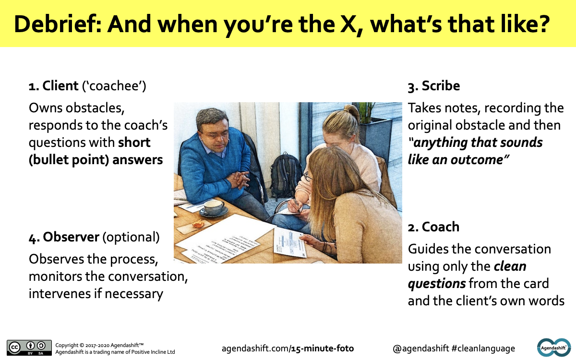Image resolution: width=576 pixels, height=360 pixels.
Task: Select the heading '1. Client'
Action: point(53,86)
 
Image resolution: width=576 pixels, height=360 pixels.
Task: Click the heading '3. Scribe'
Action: point(433,86)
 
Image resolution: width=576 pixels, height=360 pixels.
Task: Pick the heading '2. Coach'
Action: point(433,227)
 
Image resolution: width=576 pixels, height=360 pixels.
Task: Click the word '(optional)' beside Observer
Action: point(131,237)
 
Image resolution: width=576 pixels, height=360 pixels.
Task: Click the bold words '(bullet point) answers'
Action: point(96,160)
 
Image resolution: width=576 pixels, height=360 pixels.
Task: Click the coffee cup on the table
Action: point(214,207)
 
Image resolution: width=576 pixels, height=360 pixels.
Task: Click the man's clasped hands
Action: point(236,180)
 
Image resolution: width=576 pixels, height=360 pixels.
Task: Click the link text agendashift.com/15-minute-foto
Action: point(288,348)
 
